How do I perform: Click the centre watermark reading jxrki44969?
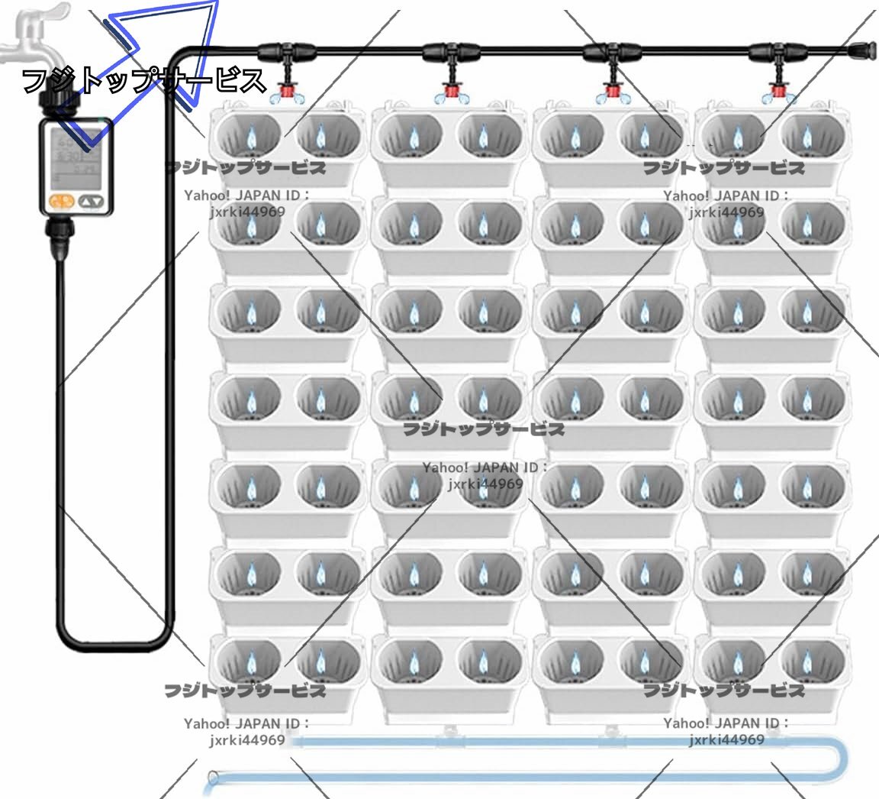pos(485,484)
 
